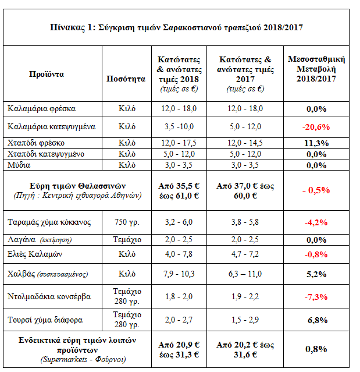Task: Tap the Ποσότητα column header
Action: click(126, 79)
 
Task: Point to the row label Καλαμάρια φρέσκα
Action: click(42, 108)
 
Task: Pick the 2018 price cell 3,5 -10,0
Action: click(177, 126)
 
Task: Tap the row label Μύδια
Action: click(20, 165)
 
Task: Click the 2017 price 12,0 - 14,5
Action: click(245, 143)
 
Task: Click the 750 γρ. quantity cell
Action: click(126, 222)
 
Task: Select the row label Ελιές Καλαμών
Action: click(36, 254)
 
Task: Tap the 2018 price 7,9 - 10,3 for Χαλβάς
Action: click(177, 273)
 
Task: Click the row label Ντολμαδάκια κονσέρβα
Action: click(49, 296)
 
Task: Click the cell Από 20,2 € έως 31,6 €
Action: click(245, 349)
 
